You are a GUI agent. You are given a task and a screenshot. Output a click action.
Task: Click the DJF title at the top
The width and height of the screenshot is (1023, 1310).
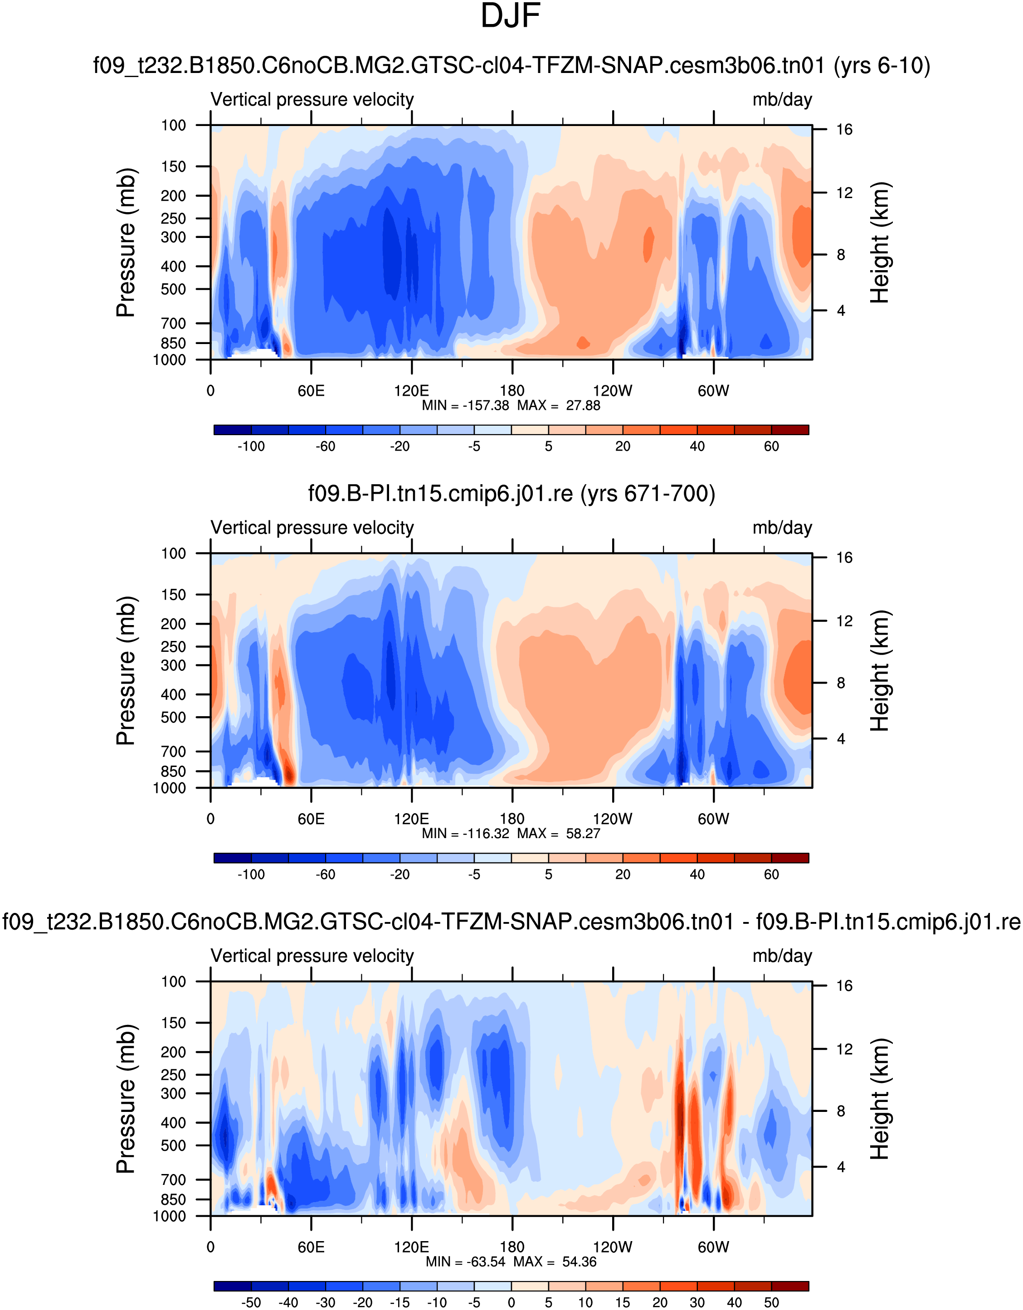[511, 17]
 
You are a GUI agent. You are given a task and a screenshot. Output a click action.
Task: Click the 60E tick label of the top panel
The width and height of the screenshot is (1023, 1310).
[311, 391]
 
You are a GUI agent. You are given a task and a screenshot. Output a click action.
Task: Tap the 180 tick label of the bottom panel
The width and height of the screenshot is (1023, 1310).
[512, 1247]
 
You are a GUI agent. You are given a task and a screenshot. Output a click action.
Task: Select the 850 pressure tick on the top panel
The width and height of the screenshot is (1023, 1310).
[173, 343]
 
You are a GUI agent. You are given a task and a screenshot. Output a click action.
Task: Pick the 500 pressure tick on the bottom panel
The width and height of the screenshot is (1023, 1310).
[173, 1145]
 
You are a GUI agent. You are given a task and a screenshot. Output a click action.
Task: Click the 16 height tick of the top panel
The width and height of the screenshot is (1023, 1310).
[844, 130]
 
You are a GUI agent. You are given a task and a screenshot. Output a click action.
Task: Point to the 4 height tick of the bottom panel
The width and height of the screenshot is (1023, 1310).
[841, 1167]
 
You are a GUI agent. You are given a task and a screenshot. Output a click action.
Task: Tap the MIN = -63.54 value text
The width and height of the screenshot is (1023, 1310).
[466, 1261]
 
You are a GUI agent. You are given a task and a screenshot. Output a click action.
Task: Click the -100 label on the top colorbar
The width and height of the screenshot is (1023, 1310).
[251, 446]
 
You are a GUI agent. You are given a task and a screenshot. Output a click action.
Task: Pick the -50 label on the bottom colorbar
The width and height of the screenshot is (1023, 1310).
[251, 1302]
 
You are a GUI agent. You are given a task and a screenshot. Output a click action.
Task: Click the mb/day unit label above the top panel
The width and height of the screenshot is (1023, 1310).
[782, 100]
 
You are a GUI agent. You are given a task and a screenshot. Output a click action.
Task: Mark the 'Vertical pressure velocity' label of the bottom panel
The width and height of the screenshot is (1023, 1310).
[312, 956]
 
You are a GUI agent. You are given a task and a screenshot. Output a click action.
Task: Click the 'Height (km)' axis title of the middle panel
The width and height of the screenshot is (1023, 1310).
[880, 670]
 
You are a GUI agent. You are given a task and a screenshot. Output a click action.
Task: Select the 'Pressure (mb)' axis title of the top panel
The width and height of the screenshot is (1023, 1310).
[126, 243]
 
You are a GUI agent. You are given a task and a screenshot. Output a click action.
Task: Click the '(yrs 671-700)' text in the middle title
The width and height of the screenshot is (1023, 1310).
[648, 494]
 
